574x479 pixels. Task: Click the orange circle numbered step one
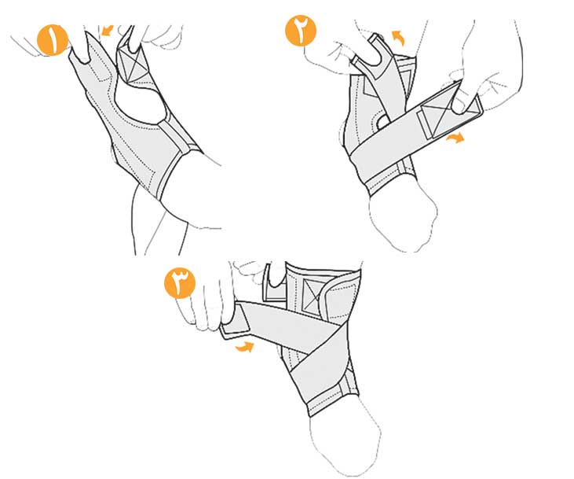pyautogui.click(x=53, y=40)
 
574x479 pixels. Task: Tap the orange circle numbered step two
pyautogui.click(x=301, y=31)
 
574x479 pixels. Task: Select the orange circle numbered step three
pyautogui.click(x=180, y=283)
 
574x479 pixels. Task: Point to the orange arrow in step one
pyautogui.click(x=108, y=30)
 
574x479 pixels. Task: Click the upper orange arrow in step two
pyautogui.click(x=398, y=38)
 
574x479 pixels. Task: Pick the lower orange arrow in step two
pyautogui.click(x=455, y=138)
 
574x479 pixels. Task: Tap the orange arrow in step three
pyautogui.click(x=244, y=347)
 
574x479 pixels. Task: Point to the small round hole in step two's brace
pyautogui.click(x=382, y=120)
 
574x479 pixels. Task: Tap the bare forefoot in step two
pyautogui.click(x=403, y=220)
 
